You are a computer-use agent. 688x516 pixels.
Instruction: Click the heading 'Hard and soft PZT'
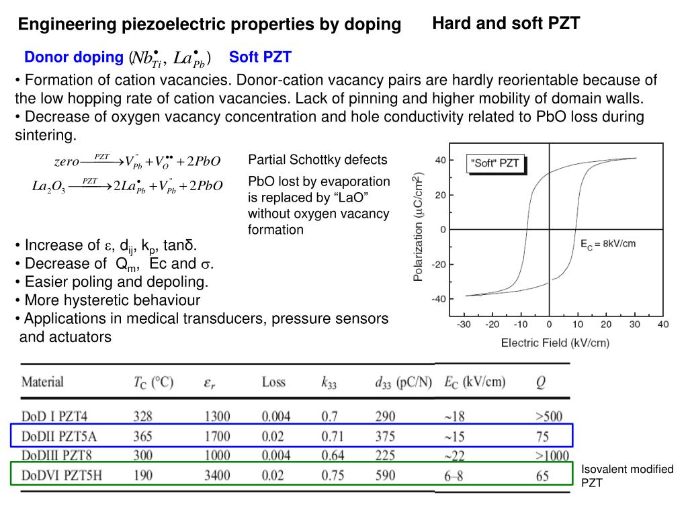[506, 24]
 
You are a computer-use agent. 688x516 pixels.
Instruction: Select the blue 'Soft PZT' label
[260, 58]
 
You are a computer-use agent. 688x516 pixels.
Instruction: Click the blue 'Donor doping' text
[74, 58]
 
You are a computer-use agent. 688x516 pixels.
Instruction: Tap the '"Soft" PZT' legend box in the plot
[496, 163]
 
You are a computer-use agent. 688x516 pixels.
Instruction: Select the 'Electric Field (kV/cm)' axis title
[555, 343]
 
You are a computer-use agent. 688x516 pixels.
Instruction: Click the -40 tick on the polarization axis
[439, 299]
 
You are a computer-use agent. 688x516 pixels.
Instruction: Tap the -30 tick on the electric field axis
[464, 325]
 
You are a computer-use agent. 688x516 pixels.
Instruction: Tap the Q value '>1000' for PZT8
[552, 456]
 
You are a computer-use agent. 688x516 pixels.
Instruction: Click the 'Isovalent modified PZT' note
[627, 476]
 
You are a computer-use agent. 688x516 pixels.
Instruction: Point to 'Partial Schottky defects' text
[318, 160]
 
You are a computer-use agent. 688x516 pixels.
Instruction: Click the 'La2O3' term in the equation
[48, 186]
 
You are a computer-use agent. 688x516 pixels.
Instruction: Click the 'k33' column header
[329, 383]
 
